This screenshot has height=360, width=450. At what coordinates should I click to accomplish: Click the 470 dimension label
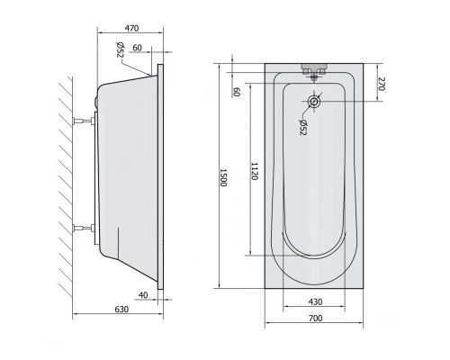point(131,28)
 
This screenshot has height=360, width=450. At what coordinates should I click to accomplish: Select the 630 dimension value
point(121,310)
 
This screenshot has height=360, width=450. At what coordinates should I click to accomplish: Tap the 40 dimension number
point(143,295)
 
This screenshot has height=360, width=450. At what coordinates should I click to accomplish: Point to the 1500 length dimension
point(223,177)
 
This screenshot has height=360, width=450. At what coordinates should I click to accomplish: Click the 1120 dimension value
point(255,171)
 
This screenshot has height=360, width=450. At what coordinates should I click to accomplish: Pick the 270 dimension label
point(381,84)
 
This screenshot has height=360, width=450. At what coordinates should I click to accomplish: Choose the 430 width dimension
point(315,301)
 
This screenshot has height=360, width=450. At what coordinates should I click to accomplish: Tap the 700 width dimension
point(315,318)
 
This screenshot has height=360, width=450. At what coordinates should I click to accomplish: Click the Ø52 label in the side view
point(120,49)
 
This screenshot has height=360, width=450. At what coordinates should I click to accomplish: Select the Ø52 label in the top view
point(303,127)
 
